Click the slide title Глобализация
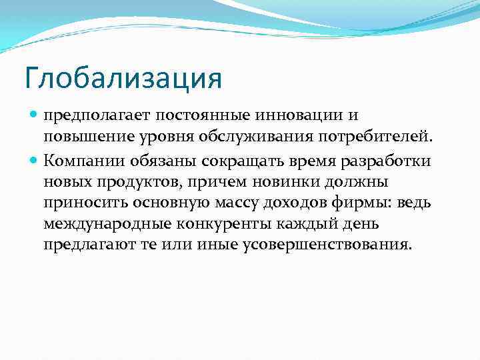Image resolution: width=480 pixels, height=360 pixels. pyautogui.click(x=123, y=79)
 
